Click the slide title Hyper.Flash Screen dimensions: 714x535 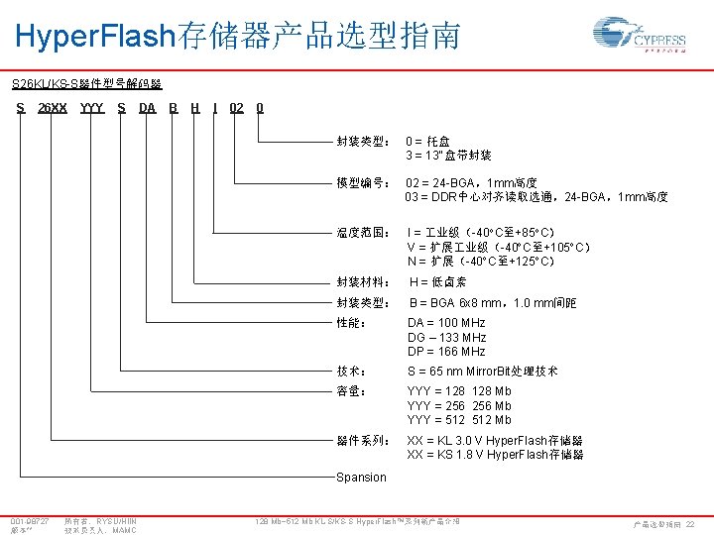point(94,37)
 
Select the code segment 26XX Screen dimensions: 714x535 point(53,108)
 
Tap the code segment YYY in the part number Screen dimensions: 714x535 point(92,108)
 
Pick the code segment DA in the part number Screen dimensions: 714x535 point(147,108)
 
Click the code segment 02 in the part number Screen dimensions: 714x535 point(236,108)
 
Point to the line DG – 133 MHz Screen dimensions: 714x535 point(446,338)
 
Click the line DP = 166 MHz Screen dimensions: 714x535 point(446,352)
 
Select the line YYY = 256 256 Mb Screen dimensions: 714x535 point(459,406)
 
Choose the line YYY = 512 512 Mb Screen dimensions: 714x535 point(459,420)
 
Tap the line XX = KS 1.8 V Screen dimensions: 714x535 point(495,455)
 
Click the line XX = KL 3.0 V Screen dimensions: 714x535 point(495,441)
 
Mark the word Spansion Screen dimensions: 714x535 point(361,478)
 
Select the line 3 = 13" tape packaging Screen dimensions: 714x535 point(448,157)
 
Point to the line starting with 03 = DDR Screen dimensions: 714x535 point(535,197)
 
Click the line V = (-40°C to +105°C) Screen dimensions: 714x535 point(499,247)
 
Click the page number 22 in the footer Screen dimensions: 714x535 point(690,523)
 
